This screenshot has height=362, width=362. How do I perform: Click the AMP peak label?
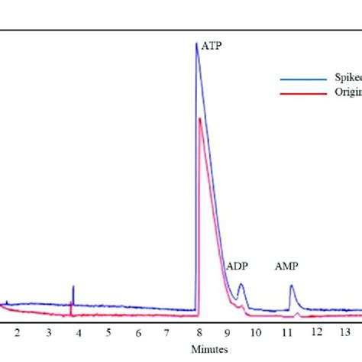coord(286,267)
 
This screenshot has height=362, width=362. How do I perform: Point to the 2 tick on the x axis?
coord(17,332)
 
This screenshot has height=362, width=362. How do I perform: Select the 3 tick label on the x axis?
coord(48,332)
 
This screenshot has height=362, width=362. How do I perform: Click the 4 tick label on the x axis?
coord(78,332)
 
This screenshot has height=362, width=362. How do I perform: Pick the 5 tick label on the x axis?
coord(108,332)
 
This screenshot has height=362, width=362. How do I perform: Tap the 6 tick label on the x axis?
coord(138,332)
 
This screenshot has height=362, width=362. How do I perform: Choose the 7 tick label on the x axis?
coord(168,332)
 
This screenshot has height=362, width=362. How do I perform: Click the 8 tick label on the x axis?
coord(199,332)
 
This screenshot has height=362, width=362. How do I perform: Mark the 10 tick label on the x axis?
coord(256,332)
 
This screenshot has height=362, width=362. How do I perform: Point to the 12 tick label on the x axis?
coord(316,332)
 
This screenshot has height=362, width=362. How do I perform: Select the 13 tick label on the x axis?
coord(345,332)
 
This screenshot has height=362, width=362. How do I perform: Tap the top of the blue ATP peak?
coord(197,44)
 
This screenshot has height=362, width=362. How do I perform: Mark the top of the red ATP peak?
coord(199,118)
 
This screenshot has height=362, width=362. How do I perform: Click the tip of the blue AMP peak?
coord(291,286)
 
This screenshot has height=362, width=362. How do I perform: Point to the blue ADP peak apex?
coord(241,284)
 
